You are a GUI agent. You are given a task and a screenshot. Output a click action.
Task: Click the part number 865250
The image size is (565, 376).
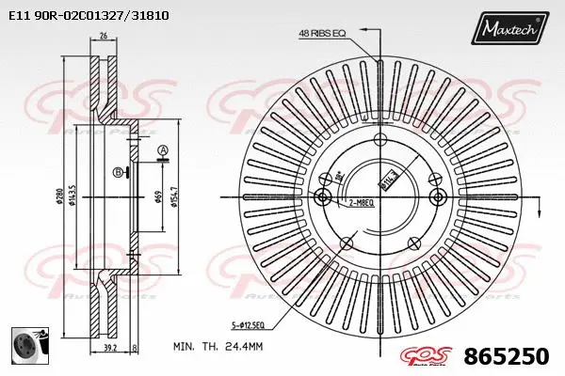coord(508,357)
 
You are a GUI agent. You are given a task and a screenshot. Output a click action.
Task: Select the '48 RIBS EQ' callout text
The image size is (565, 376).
coord(322,34)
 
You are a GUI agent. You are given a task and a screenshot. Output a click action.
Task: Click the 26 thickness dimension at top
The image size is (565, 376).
coord(103,38)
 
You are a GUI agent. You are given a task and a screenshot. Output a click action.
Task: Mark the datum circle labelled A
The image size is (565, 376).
coord(162,150)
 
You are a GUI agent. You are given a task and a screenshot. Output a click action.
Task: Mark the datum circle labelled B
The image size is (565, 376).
coord(117,172)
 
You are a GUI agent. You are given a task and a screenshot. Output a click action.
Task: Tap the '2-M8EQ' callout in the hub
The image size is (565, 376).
coord(363,202)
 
